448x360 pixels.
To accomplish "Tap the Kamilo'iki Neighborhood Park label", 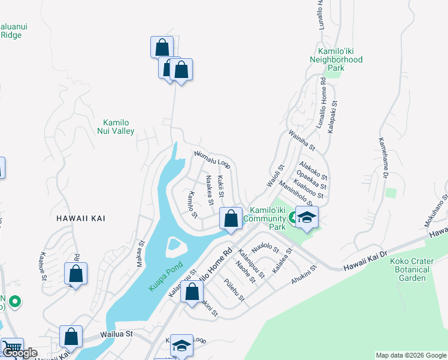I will click(x=336, y=60).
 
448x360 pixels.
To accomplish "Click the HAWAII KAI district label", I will click(x=81, y=218).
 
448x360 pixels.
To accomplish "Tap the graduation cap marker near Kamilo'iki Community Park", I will click(x=307, y=218).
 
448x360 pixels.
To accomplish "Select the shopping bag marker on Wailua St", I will click(x=71, y=337).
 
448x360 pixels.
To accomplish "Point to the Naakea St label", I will click(x=210, y=189).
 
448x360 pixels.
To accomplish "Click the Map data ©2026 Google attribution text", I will click(x=410, y=355).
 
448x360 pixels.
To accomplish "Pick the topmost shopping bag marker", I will click(x=162, y=47).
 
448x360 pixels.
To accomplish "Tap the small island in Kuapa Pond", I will click(x=175, y=245).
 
